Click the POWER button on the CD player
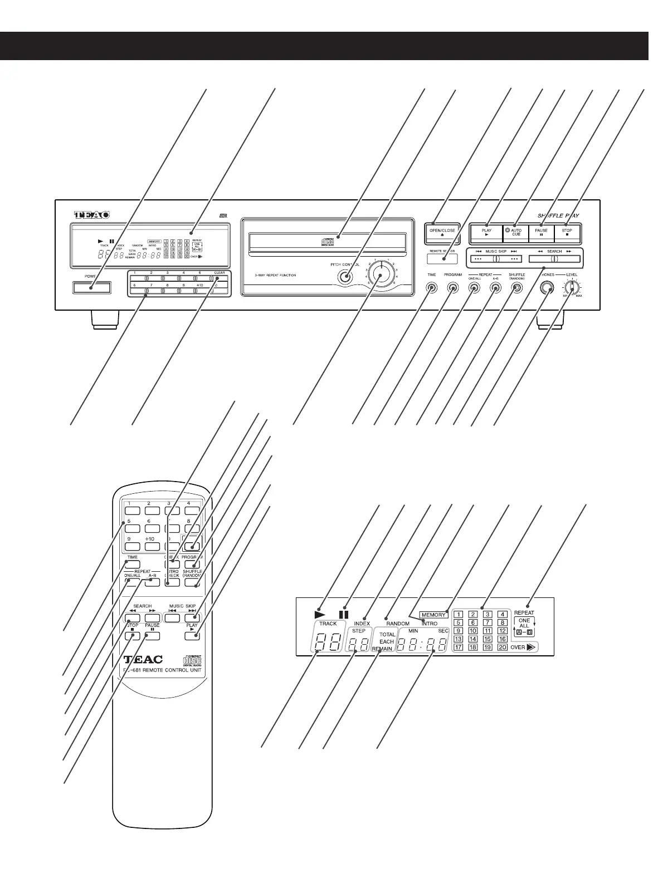(91, 287)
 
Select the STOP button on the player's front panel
(567, 233)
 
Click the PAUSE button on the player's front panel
(541, 233)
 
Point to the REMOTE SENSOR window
(442, 258)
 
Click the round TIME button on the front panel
(432, 288)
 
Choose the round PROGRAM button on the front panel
(452, 288)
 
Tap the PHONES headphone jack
(547, 288)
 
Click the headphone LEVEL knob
(571, 288)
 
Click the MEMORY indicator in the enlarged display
(433, 615)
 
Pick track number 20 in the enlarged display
(502, 647)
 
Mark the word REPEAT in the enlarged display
(524, 613)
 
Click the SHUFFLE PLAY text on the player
(558, 215)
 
